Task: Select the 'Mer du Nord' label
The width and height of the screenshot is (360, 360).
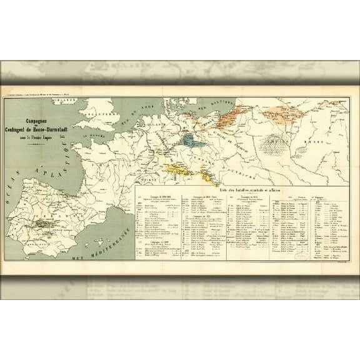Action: [x=145, y=111]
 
